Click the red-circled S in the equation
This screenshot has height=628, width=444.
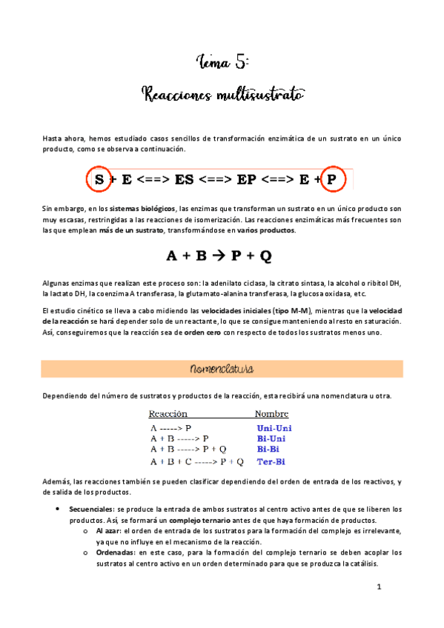(x=99, y=179)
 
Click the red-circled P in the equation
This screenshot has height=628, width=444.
(x=331, y=179)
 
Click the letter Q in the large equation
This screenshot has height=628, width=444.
(x=266, y=256)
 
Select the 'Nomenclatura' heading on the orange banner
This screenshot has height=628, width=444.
(x=222, y=368)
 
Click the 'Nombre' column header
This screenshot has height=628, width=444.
(x=271, y=414)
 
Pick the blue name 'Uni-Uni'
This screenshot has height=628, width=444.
(x=274, y=427)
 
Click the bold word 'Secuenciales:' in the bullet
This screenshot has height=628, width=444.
(x=92, y=510)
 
